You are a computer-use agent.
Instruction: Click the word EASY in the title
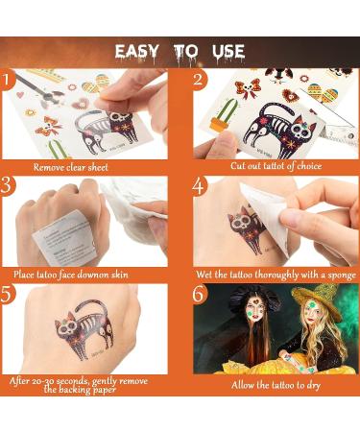pyautogui.click(x=136, y=52)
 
